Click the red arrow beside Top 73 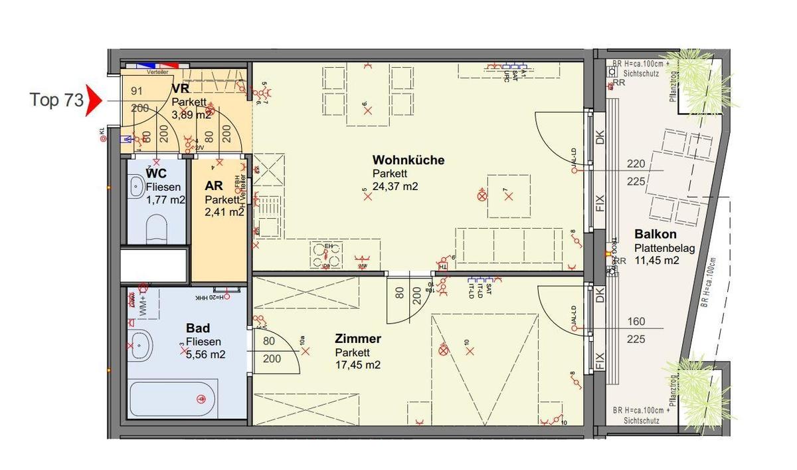(94, 100)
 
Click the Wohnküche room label (408, 160)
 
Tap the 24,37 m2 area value (395, 186)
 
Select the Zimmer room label (358, 339)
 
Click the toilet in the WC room (157, 228)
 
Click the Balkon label (655, 235)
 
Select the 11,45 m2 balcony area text (657, 261)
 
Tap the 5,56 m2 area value (205, 354)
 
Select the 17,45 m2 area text (358, 366)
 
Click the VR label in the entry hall (180, 89)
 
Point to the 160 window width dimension (636, 322)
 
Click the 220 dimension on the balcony (636, 164)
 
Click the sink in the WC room (137, 186)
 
